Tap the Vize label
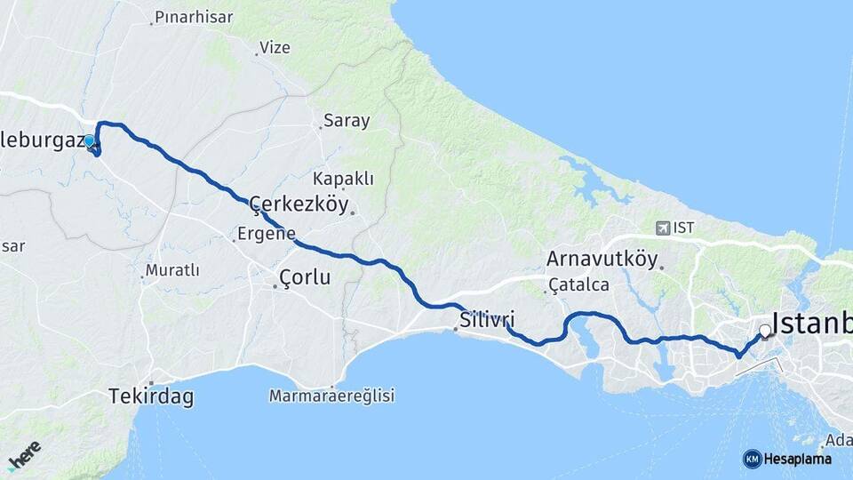(274, 48)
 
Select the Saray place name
(347, 121)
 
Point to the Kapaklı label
(344, 179)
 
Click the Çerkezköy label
(299, 204)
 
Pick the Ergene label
(266, 235)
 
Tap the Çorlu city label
(304, 277)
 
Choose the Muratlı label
(171, 270)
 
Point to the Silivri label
(487, 319)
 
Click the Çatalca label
(578, 285)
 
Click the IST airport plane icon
(663, 228)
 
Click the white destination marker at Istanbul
(765, 332)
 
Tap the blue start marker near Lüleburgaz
(89, 141)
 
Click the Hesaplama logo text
(797, 460)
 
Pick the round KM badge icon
(752, 459)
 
